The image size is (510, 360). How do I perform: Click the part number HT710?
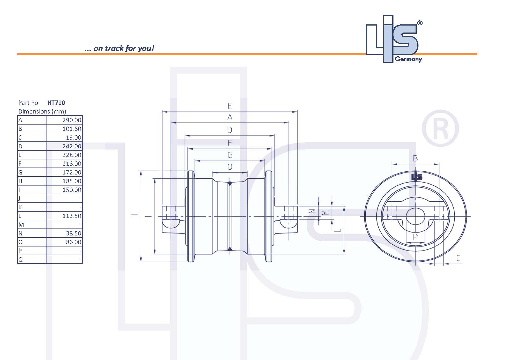pos(56,102)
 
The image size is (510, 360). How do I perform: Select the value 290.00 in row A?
pos(72,120)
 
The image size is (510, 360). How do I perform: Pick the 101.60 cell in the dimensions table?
pos(72,129)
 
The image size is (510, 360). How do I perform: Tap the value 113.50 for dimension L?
pos(72,216)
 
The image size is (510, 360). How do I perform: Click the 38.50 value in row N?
pos(74,233)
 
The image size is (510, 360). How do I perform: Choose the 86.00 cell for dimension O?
pos(74,242)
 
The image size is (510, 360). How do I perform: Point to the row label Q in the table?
pos(20,260)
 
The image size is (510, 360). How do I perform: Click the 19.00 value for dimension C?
pos(74,138)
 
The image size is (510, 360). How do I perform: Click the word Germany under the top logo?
pos(408,59)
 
